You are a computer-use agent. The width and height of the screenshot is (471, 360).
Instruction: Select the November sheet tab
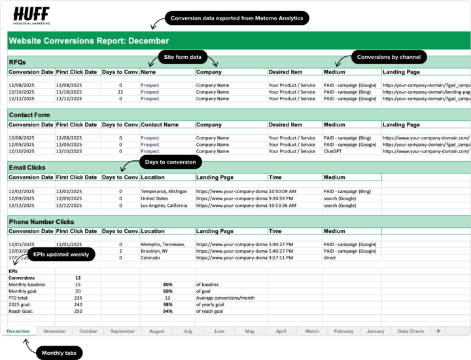coord(54,331)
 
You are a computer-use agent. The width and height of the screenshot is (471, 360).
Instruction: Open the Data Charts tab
coord(411,331)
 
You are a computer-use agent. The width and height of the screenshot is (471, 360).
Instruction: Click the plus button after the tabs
coord(438,331)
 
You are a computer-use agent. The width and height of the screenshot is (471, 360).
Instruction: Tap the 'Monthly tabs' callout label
coord(61,353)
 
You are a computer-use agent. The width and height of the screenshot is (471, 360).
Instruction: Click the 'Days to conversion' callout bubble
coord(170,162)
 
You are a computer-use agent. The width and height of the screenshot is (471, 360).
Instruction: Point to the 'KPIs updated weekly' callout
coord(61,254)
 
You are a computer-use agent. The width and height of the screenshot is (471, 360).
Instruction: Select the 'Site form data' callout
coord(183,57)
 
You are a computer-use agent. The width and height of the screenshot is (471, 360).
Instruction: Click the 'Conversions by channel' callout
coord(388,57)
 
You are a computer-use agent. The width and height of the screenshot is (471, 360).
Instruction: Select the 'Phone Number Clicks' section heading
coord(41,222)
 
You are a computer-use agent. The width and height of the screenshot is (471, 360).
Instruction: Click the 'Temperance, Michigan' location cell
coord(164,191)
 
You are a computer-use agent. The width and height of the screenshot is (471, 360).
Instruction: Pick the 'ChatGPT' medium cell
coord(334,151)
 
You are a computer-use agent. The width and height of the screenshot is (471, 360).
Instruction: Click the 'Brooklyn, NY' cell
coord(154,251)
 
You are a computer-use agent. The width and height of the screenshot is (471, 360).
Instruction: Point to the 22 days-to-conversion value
coord(120,92)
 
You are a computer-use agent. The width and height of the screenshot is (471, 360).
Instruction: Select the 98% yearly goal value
coord(168,304)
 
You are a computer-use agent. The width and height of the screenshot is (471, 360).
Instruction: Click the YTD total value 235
coord(78,298)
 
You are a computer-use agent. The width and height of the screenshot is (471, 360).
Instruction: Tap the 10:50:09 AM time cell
coord(283,191)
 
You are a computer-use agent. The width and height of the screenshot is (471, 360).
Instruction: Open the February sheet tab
coord(343,331)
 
